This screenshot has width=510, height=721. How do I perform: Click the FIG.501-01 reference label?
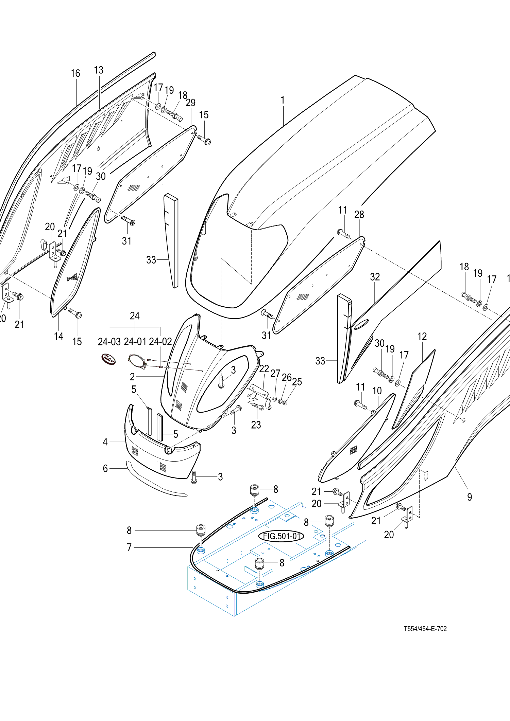[x=281, y=536]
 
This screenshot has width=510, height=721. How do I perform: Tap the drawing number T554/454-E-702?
[x=425, y=629]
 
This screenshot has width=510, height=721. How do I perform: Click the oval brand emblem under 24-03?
[x=109, y=359]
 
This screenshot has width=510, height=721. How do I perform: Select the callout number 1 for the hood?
[x=283, y=100]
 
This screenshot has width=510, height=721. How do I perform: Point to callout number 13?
[x=99, y=70]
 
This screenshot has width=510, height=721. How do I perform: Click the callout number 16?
[x=75, y=73]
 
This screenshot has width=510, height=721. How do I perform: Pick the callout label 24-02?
[x=160, y=342]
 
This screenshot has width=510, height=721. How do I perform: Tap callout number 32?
[x=375, y=277]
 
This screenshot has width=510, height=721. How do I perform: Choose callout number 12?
[x=422, y=336]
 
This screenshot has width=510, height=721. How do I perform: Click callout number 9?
[x=470, y=497]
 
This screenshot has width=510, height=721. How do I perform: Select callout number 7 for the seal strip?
[x=129, y=547]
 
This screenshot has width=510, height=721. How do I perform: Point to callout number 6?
[x=105, y=468]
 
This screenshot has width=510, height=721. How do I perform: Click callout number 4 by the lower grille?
[x=105, y=441]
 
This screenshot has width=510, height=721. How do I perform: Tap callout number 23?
[x=256, y=425]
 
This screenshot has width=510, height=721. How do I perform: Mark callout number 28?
[x=359, y=214]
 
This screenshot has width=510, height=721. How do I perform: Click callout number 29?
[x=191, y=103]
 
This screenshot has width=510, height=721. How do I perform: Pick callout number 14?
[x=58, y=336]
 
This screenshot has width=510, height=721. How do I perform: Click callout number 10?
[x=377, y=391]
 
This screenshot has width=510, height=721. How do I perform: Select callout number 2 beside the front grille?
[x=132, y=376]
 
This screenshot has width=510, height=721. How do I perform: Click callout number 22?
[x=264, y=369]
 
